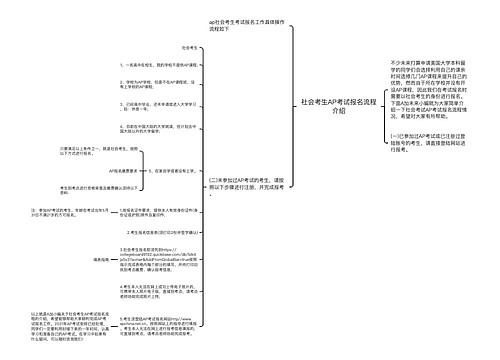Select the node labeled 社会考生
click(x=189, y=47)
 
